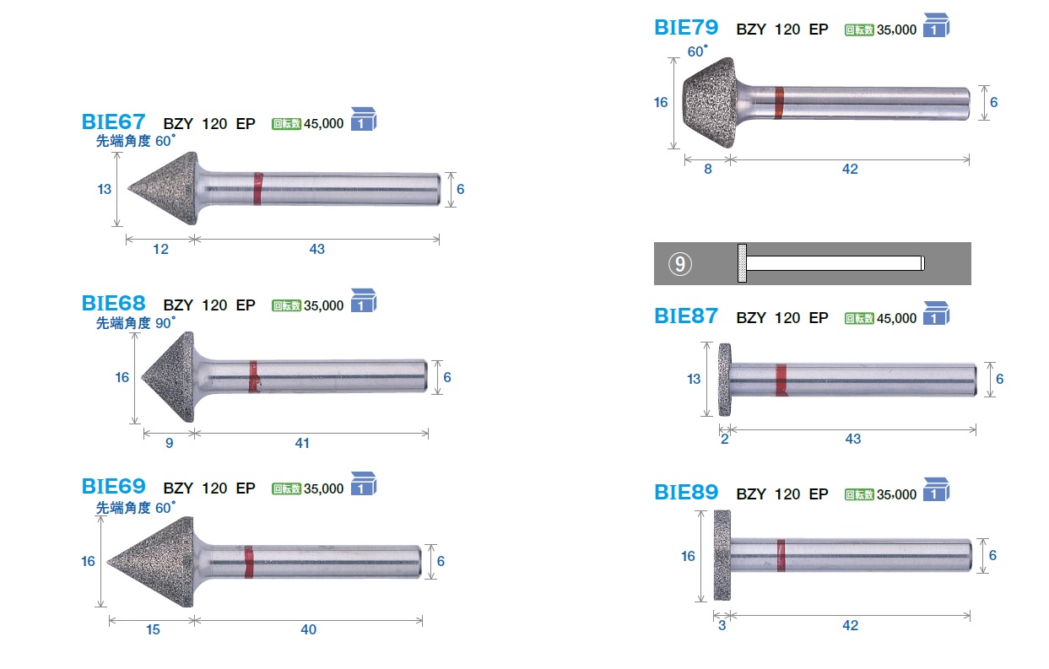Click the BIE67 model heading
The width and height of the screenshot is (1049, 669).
click(113, 121)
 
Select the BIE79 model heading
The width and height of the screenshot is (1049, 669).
click(686, 27)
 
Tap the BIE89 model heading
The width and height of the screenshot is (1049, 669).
click(686, 492)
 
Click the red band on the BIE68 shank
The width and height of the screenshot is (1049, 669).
click(254, 376)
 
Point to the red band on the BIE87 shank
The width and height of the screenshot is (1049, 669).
click(781, 380)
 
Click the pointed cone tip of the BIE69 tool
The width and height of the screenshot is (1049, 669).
click(108, 562)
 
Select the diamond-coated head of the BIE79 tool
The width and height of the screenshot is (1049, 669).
click(709, 103)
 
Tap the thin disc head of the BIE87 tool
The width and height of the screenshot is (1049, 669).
click(725, 380)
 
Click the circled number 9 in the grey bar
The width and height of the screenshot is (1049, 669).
click(680, 264)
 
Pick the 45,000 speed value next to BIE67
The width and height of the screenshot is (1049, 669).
click(323, 124)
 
